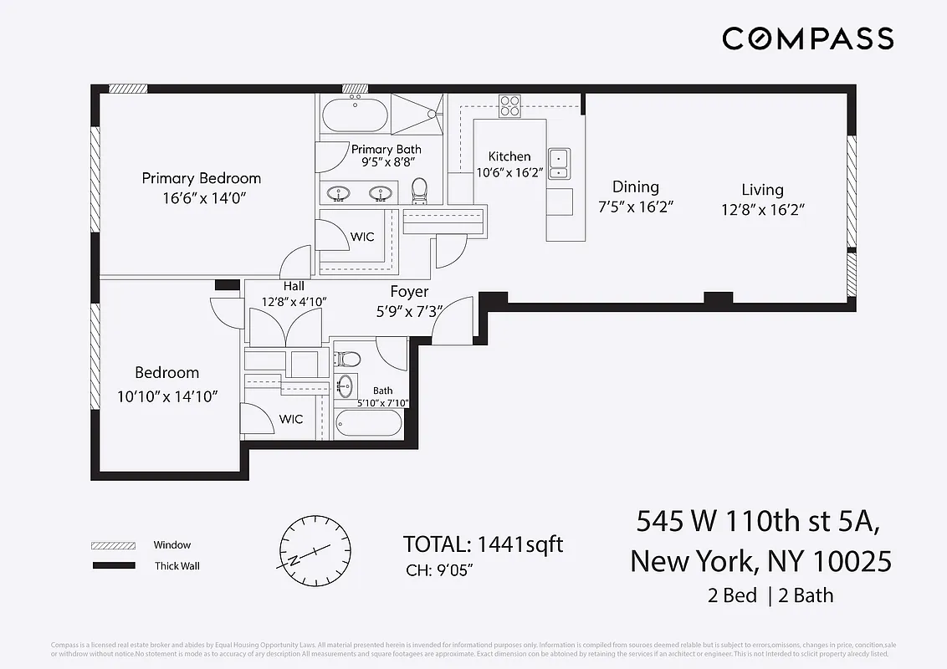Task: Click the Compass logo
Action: pos(807,38)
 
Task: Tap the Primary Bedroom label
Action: pos(201,178)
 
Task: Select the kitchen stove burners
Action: pos(510,106)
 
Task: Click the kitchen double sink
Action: pos(558,163)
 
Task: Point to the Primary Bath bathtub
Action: pos(355,115)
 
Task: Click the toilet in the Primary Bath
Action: pos(420,190)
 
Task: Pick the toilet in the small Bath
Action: pos(348,360)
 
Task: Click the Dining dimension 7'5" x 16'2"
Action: pos(636,207)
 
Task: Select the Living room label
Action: pos(762,190)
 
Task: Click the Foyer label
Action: pos(409,292)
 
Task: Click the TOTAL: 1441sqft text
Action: pos(483,544)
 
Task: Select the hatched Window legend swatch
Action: pos(113,545)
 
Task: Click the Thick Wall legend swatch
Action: pos(113,566)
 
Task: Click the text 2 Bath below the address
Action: pos(806,595)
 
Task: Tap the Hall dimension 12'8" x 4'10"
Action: pos(294,301)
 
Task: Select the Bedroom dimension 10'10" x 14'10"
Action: pos(167,396)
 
